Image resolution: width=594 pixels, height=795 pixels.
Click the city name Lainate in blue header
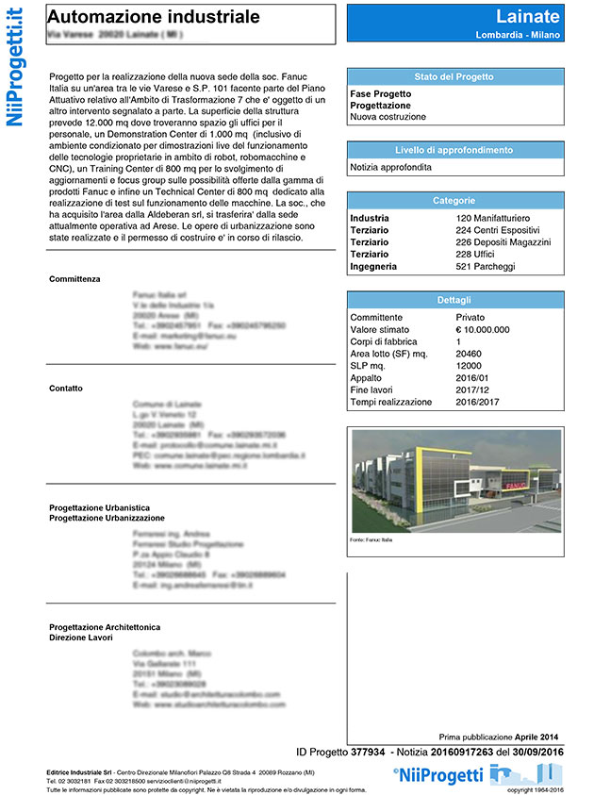click(x=527, y=16)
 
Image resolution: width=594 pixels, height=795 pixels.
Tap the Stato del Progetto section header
click(x=454, y=76)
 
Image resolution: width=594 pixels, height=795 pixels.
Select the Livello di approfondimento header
click(x=454, y=150)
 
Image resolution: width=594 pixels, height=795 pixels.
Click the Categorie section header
click(x=454, y=201)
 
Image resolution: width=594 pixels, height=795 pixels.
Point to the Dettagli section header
click(x=454, y=300)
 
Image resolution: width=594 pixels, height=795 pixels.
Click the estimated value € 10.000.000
click(x=483, y=330)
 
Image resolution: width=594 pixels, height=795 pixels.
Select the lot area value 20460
click(x=470, y=354)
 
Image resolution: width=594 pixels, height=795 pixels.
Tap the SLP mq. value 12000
click(x=470, y=366)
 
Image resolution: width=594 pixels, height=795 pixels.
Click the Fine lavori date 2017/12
click(x=473, y=389)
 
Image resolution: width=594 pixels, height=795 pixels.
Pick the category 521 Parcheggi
click(x=487, y=267)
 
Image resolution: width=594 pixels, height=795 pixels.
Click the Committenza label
click(x=74, y=279)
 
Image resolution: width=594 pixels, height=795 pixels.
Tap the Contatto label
click(x=67, y=389)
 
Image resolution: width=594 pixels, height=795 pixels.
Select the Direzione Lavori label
click(x=81, y=638)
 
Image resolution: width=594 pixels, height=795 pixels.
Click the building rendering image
click(x=454, y=481)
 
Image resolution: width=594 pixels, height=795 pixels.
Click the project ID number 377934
click(x=367, y=752)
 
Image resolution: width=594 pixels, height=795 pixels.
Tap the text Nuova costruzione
click(x=388, y=117)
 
